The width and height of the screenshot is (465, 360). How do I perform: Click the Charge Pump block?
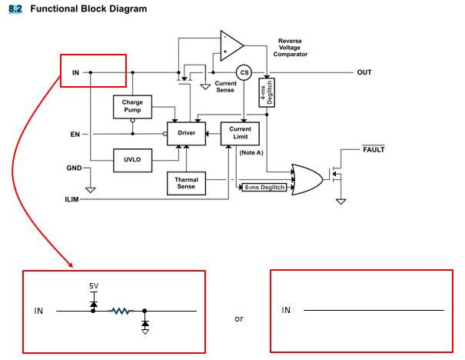pyautogui.click(x=132, y=107)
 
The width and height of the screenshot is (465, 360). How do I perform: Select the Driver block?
pyautogui.click(x=187, y=134)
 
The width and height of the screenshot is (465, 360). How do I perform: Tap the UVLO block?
pyautogui.click(x=132, y=159)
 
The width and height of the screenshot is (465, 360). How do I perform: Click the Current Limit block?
pyautogui.click(x=241, y=134)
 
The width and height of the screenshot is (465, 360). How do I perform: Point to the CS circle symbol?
pyautogui.click(x=244, y=72)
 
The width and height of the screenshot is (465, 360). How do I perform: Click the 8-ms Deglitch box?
pyautogui.click(x=264, y=187)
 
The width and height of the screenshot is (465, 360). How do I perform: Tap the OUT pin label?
pyautogui.click(x=364, y=72)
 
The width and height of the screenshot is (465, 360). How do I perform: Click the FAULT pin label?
pyautogui.click(x=374, y=148)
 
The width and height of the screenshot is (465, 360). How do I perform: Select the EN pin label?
pyautogui.click(x=75, y=135)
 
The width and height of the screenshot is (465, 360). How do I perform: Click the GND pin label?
pyautogui.click(x=75, y=168)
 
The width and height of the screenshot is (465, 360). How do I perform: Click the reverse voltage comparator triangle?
pyautogui.click(x=231, y=46)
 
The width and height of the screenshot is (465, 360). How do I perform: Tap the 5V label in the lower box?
pyautogui.click(x=94, y=286)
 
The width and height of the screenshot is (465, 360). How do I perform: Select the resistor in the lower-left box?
pyautogui.click(x=121, y=311)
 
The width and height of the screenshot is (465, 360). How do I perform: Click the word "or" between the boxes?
pyautogui.click(x=239, y=318)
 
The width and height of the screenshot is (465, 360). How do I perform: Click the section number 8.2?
pyautogui.click(x=15, y=8)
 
